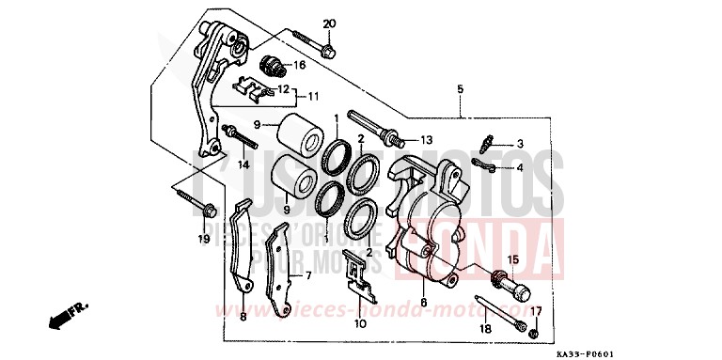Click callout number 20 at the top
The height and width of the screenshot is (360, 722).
tap(329, 23)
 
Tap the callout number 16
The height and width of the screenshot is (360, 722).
tap(300, 65)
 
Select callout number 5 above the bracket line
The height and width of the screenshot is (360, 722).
tap(460, 90)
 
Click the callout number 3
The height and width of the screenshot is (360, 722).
tap(519, 144)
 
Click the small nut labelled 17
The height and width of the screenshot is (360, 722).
tap(533, 333)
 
